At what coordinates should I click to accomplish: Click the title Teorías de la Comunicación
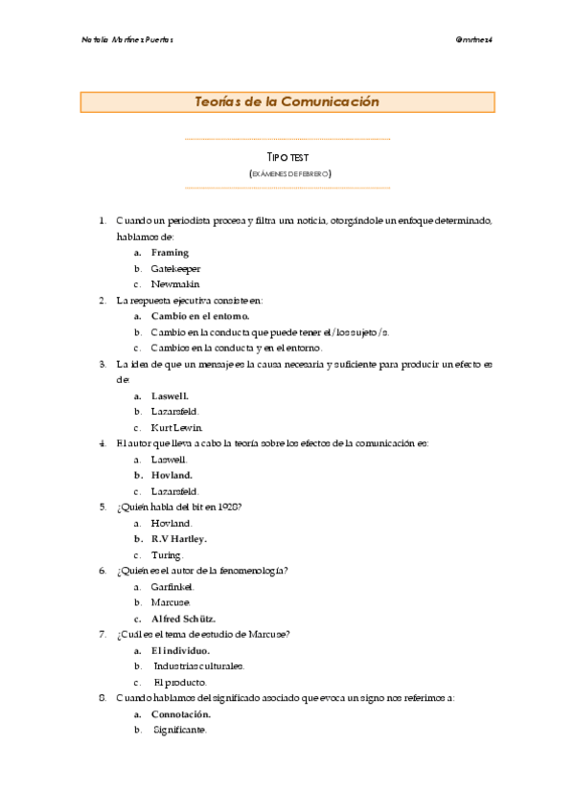(x=287, y=101)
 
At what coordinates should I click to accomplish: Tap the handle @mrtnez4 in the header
(x=474, y=39)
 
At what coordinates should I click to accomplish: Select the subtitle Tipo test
(x=287, y=156)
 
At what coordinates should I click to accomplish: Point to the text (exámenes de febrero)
(x=287, y=173)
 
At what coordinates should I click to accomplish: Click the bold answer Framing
(x=170, y=253)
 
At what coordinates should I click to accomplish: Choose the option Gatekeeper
(x=175, y=269)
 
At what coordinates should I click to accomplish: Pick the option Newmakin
(x=173, y=284)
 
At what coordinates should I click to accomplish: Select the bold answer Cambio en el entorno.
(x=199, y=316)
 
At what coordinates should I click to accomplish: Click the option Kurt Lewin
(x=177, y=427)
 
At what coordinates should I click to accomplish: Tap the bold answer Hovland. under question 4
(x=172, y=475)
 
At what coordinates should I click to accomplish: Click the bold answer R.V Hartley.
(x=179, y=539)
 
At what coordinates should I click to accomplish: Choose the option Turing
(x=167, y=555)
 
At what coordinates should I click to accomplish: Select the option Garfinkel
(x=172, y=586)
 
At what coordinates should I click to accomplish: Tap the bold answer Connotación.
(x=181, y=714)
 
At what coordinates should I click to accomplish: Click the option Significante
(x=180, y=730)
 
